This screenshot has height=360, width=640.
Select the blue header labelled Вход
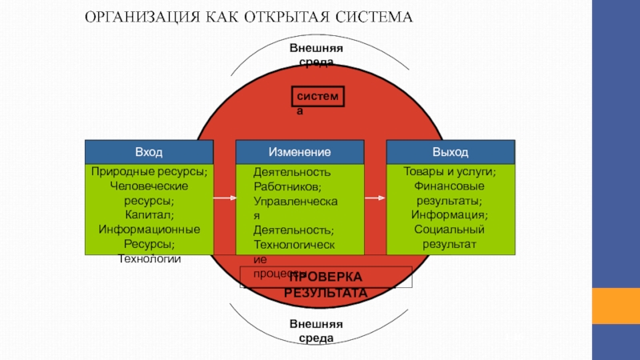click(x=149, y=152)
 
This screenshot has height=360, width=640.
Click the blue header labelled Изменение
click(x=300, y=152)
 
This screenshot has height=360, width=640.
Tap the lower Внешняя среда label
click(x=316, y=330)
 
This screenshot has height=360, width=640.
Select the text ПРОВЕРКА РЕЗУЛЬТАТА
click(x=326, y=285)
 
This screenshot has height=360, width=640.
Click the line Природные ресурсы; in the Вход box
click(x=149, y=172)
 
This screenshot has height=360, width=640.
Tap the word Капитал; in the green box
click(x=149, y=215)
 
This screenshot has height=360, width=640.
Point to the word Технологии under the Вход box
click(x=149, y=258)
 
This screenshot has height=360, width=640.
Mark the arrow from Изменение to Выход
click(x=376, y=197)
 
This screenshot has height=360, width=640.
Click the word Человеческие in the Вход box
click(x=149, y=186)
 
